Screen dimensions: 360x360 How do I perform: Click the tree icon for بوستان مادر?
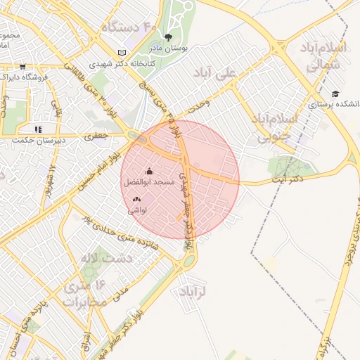168,38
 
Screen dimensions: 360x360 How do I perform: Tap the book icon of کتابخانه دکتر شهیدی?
123,53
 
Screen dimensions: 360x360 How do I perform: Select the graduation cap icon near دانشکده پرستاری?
335,94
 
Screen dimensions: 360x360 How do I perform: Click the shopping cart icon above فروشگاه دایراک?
22,66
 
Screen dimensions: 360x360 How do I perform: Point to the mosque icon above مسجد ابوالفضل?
148,171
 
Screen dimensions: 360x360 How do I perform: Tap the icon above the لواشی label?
136,200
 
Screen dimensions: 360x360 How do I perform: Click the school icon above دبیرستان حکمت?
37,129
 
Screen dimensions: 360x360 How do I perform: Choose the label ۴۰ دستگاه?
129,27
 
